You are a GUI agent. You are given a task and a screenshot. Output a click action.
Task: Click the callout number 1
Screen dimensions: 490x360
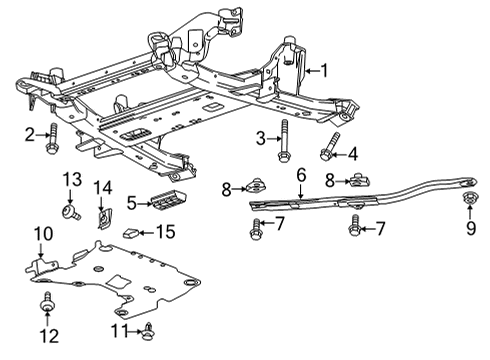324,71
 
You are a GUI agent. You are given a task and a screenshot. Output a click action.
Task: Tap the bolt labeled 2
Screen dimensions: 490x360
52,139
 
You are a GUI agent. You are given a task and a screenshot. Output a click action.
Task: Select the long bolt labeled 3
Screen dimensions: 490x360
283,141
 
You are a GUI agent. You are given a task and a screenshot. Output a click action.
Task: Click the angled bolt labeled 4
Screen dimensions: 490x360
329,146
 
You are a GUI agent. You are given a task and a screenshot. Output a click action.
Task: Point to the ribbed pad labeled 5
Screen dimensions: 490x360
169,199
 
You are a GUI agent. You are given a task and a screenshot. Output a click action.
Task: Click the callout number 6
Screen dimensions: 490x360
301,175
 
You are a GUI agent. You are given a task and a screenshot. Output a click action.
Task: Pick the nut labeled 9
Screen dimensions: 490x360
470,198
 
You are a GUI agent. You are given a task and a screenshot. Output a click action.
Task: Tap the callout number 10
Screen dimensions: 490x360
44,234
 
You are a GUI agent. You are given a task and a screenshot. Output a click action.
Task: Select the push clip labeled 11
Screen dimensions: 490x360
149,331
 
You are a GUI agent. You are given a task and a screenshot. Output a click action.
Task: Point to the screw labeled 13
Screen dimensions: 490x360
71,212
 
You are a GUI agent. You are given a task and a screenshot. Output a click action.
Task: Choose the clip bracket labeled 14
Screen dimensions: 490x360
105,218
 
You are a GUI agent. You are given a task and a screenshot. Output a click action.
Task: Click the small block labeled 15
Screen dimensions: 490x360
132,233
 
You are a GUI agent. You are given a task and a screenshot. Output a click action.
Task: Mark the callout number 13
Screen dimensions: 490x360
72,179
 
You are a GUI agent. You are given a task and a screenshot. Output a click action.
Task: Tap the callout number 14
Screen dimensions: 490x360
103,188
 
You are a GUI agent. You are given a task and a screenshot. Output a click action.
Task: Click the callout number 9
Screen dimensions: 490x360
471,228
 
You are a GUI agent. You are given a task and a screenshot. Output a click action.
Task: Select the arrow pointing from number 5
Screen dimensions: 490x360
145,203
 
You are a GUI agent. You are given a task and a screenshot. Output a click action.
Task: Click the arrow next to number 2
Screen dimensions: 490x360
43,135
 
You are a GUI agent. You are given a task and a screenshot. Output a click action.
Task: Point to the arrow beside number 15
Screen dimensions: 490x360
147,233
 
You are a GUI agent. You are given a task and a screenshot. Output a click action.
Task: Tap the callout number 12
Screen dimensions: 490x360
49,336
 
